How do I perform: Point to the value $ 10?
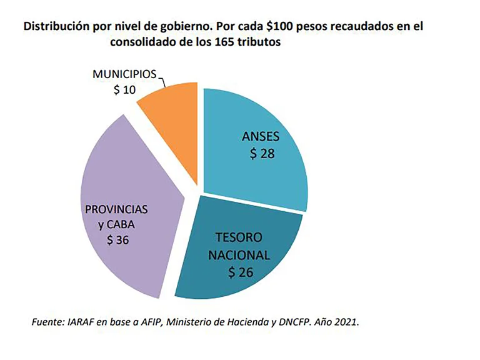[x=124, y=90]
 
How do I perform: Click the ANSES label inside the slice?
[x=262, y=137]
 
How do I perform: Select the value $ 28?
[x=262, y=153]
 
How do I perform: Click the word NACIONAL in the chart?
[x=240, y=255]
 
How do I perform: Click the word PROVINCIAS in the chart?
[x=117, y=208]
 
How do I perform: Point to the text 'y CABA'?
[x=117, y=224]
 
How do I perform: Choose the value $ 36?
[x=119, y=240]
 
